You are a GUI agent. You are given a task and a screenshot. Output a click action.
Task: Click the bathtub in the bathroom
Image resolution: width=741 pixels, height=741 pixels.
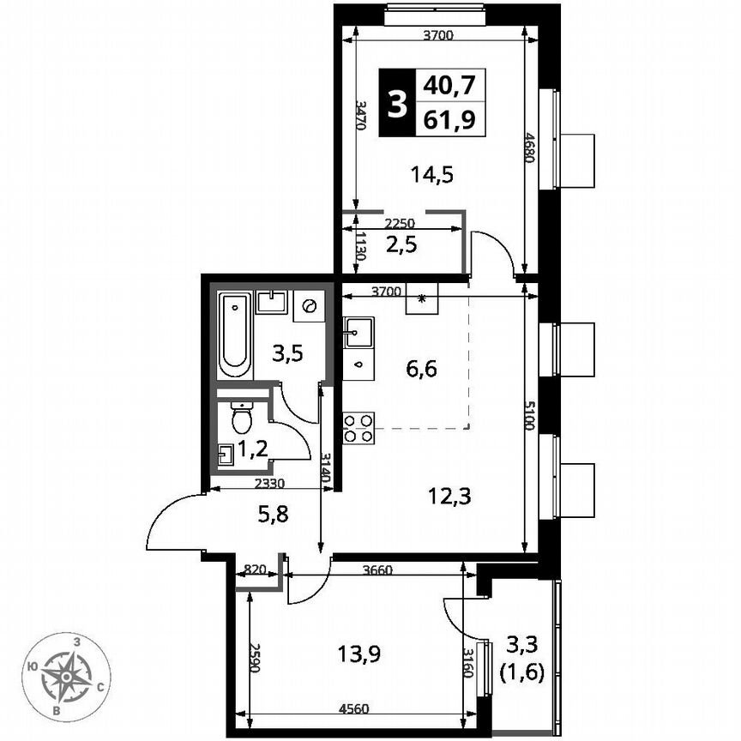click(233, 335)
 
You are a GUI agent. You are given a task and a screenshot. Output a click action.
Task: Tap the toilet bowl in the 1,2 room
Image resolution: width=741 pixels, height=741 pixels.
click(243, 418)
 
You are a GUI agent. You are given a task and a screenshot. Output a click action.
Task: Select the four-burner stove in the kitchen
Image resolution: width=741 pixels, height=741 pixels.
click(358, 427)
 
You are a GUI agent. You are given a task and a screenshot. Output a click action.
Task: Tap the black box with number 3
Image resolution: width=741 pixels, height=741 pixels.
click(396, 102)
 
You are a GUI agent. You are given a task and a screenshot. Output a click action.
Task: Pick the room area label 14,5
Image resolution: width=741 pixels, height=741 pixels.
click(432, 175)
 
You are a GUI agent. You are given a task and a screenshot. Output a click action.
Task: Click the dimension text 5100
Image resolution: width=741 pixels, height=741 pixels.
click(533, 416)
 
